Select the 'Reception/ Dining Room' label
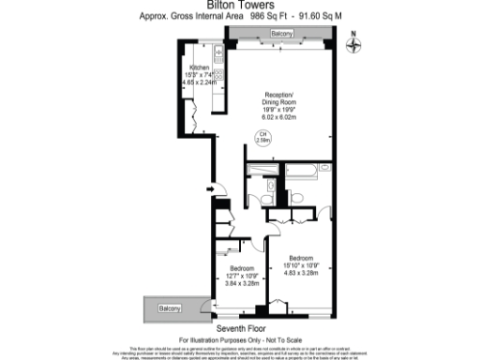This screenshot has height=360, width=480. pyautogui.click(x=279, y=98)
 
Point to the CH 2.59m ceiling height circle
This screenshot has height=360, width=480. pyautogui.click(x=263, y=137)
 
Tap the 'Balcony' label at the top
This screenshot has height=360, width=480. pyautogui.click(x=281, y=34)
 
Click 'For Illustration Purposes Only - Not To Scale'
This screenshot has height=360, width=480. pyautogui.click(x=239, y=338)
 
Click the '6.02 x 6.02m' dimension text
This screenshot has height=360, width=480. pyautogui.click(x=278, y=117)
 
